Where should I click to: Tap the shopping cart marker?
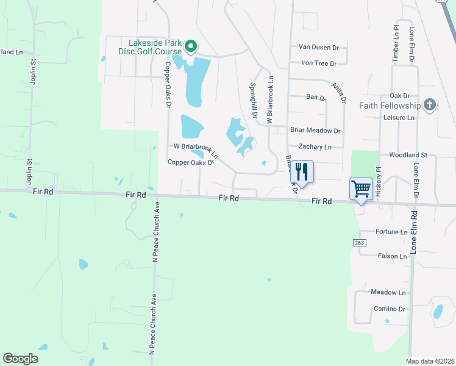tap(361, 188)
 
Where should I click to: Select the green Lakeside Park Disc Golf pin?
tap(190, 46)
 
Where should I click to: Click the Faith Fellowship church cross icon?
tap(430, 105)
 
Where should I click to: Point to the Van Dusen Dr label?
tap(318, 47)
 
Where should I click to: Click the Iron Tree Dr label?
tap(318, 63)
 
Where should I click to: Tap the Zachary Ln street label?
tap(315, 146)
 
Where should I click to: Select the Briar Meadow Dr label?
tap(315, 131)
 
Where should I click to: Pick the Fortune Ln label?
tap(391, 232)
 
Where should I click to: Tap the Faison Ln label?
tap(392, 256)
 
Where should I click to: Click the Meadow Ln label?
tap(388, 293)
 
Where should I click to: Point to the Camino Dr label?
tap(390, 309)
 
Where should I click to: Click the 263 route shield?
tap(358, 242)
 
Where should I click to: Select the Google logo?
tap(21, 358)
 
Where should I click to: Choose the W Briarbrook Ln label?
tap(196, 146)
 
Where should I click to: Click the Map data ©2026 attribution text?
tap(429, 361)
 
